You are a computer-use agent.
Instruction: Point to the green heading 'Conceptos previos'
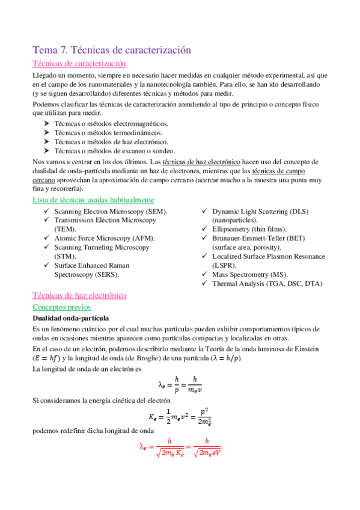(x=63, y=307)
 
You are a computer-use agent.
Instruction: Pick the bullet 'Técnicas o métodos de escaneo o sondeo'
(x=114, y=150)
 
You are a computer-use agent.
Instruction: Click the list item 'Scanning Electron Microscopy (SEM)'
(x=111, y=212)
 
